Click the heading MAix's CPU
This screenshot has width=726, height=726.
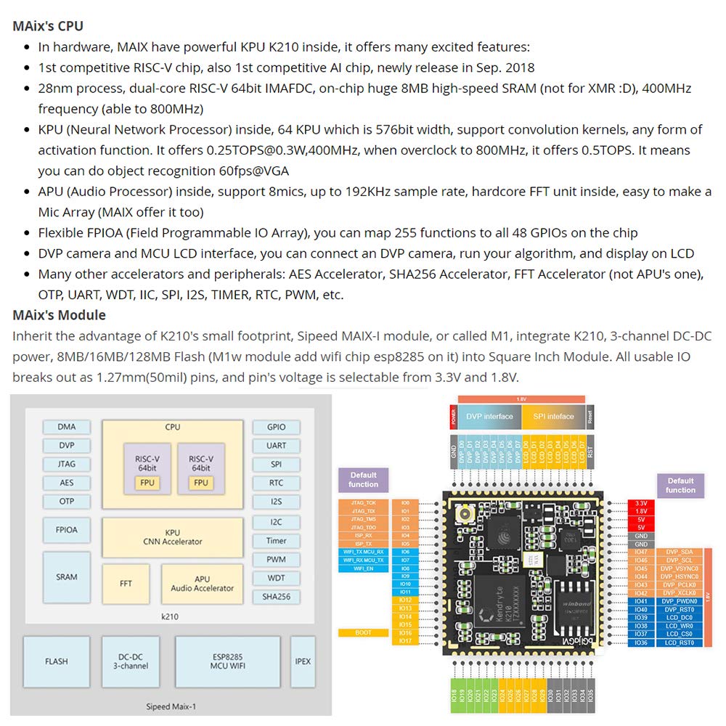(x=48, y=26)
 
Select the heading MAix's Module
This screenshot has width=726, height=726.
(x=59, y=315)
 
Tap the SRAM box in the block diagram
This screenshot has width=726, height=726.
(x=67, y=577)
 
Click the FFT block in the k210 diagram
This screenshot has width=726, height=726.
(x=126, y=583)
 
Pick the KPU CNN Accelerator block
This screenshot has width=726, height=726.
(x=173, y=537)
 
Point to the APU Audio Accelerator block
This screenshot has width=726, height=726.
(x=203, y=583)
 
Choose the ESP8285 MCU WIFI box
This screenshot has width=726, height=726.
(x=227, y=661)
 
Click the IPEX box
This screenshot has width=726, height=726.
(x=303, y=661)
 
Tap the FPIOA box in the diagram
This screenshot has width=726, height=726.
(x=67, y=530)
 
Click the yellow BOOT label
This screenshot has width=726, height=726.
(x=363, y=632)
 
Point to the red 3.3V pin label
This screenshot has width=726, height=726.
(x=641, y=503)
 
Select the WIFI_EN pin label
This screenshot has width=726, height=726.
(x=363, y=568)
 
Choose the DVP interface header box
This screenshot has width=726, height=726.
(x=489, y=416)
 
